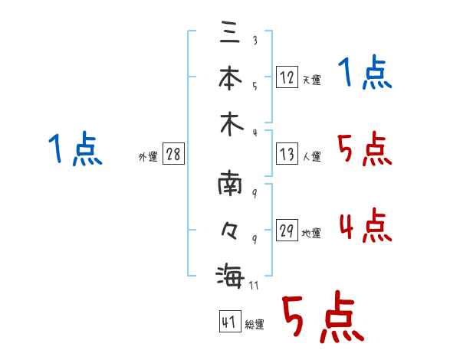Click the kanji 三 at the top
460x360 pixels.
pyautogui.click(x=230, y=32)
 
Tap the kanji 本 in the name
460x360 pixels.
pyautogui.click(x=230, y=77)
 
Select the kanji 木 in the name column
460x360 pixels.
pyautogui.click(x=232, y=124)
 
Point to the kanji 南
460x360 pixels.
pyautogui.click(x=230, y=183)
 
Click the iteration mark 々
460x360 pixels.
pyautogui.click(x=229, y=230)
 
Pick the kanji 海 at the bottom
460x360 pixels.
pyautogui.click(x=230, y=276)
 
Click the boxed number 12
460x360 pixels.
pyautogui.click(x=287, y=77)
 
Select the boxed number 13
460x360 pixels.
pyautogui.click(x=287, y=154)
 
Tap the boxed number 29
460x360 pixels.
pyautogui.click(x=287, y=230)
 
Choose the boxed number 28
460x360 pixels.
pyautogui.click(x=173, y=154)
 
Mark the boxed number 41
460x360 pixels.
pyautogui.click(x=230, y=321)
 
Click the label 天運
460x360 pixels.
pyautogui.click(x=312, y=80)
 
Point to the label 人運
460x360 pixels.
pyautogui.click(x=312, y=156)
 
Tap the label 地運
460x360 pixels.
pyautogui.click(x=311, y=233)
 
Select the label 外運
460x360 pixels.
pyautogui.click(x=148, y=156)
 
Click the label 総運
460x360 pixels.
pyautogui.click(x=255, y=324)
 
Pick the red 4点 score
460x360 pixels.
pyautogui.click(x=365, y=225)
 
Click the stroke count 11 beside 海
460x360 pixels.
pyautogui.click(x=254, y=285)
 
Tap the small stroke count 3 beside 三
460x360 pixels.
pyautogui.click(x=255, y=40)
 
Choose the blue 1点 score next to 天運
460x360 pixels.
pyautogui.click(x=365, y=72)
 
